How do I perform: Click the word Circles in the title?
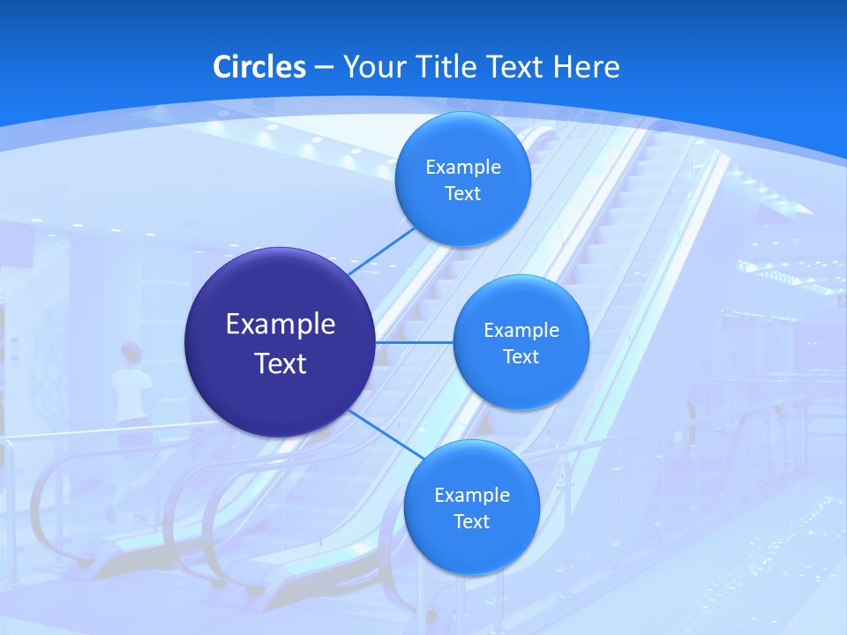tap(259, 67)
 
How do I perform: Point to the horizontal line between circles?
tap(414, 342)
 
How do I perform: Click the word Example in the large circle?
tap(281, 325)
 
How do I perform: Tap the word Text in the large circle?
tap(281, 363)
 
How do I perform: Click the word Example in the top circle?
tap(462, 167)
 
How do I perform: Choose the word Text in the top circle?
tap(462, 193)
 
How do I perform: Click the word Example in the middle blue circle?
tap(521, 330)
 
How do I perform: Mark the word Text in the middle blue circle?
tap(521, 356)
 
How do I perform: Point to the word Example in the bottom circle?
tap(471, 495)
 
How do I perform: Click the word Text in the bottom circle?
tap(471, 521)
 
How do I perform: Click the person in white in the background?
tap(131, 388)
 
